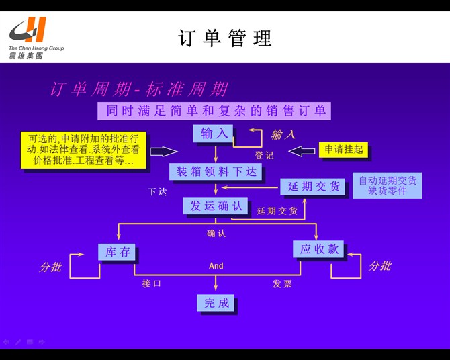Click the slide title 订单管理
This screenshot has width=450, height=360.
pos(225,38)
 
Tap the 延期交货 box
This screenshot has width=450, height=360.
pos(313,187)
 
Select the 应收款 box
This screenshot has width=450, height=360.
pos(319,250)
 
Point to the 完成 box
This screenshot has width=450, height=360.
pos(216,303)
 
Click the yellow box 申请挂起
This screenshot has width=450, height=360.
pos(343,150)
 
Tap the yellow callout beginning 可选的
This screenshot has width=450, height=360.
pos(83,150)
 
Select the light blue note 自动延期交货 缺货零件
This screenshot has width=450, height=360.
pos(387,185)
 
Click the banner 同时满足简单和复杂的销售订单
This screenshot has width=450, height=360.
pos(214,111)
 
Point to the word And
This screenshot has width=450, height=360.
pos(216,266)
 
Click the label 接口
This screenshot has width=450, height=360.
pos(151,284)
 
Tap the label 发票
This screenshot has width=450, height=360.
pos(282,284)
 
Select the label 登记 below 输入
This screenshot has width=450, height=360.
pos(264,156)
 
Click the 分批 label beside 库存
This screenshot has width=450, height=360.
pos(50,267)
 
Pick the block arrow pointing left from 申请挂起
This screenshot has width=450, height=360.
pos(301,150)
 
